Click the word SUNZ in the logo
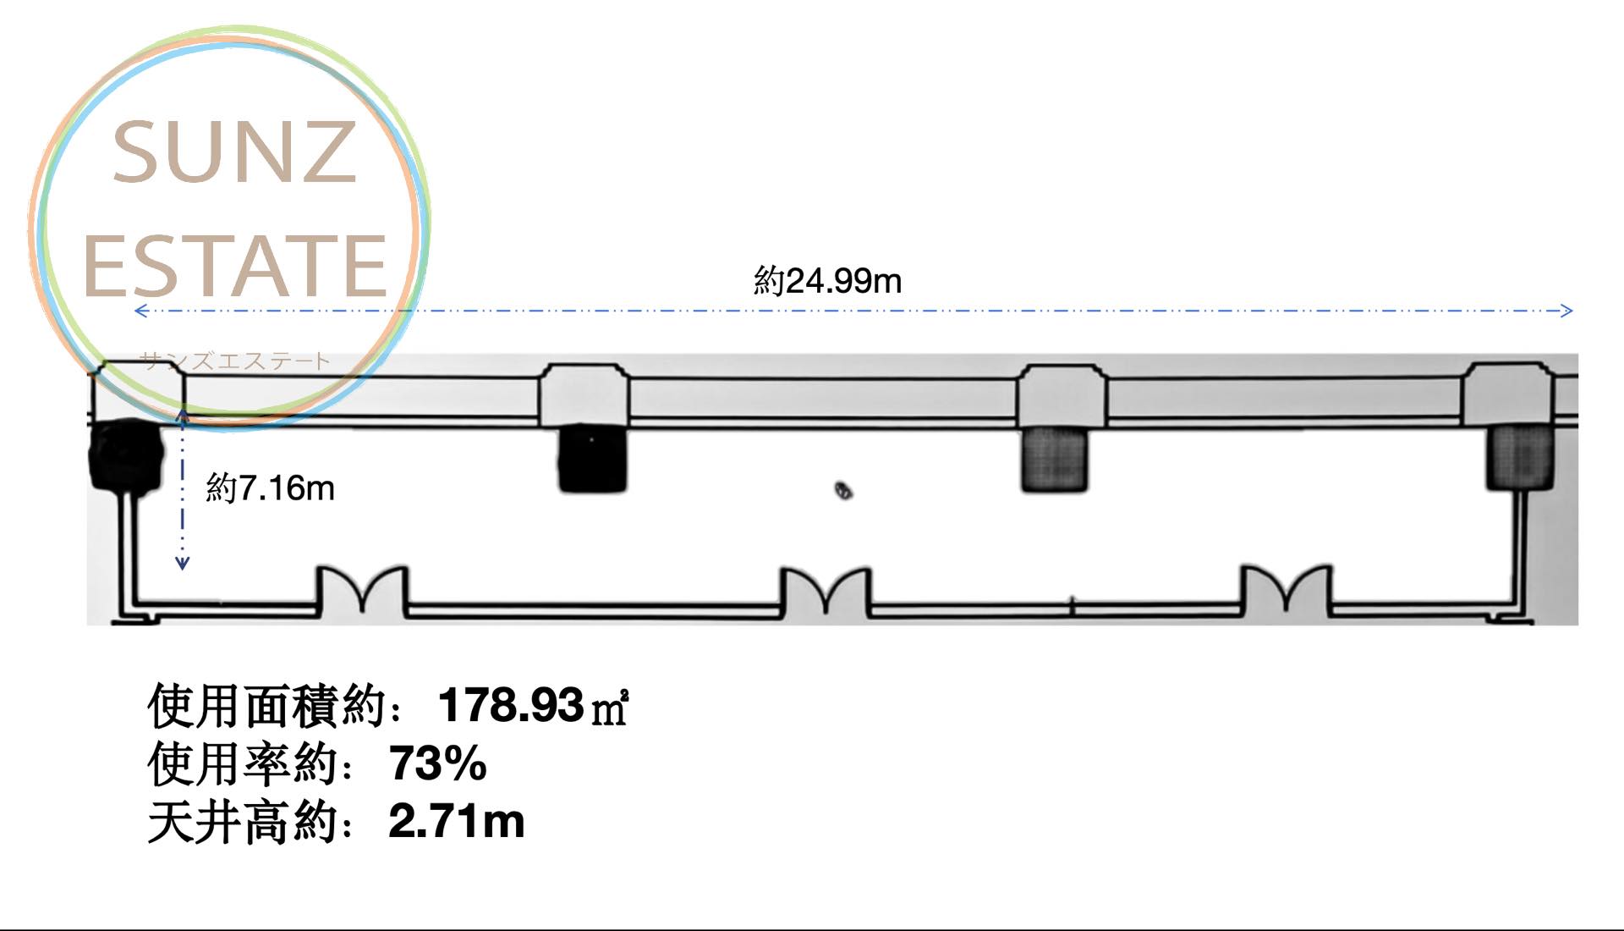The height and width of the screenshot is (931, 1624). pyautogui.click(x=234, y=151)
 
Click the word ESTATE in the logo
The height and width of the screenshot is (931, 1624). pyautogui.click(x=235, y=266)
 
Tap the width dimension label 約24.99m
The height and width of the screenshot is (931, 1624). pyautogui.click(x=827, y=281)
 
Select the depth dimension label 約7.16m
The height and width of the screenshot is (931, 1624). pyautogui.click(x=270, y=488)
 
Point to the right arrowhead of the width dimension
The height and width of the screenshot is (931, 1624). pyautogui.click(x=1566, y=311)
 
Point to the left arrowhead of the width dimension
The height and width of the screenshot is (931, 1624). pyautogui.click(x=141, y=311)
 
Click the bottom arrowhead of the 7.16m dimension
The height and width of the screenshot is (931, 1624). pyautogui.click(x=182, y=563)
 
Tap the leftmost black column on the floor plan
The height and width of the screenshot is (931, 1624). pyautogui.click(x=125, y=455)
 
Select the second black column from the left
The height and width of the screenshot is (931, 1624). pyautogui.click(x=592, y=458)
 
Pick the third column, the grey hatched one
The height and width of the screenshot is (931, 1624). pyautogui.click(x=1055, y=459)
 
